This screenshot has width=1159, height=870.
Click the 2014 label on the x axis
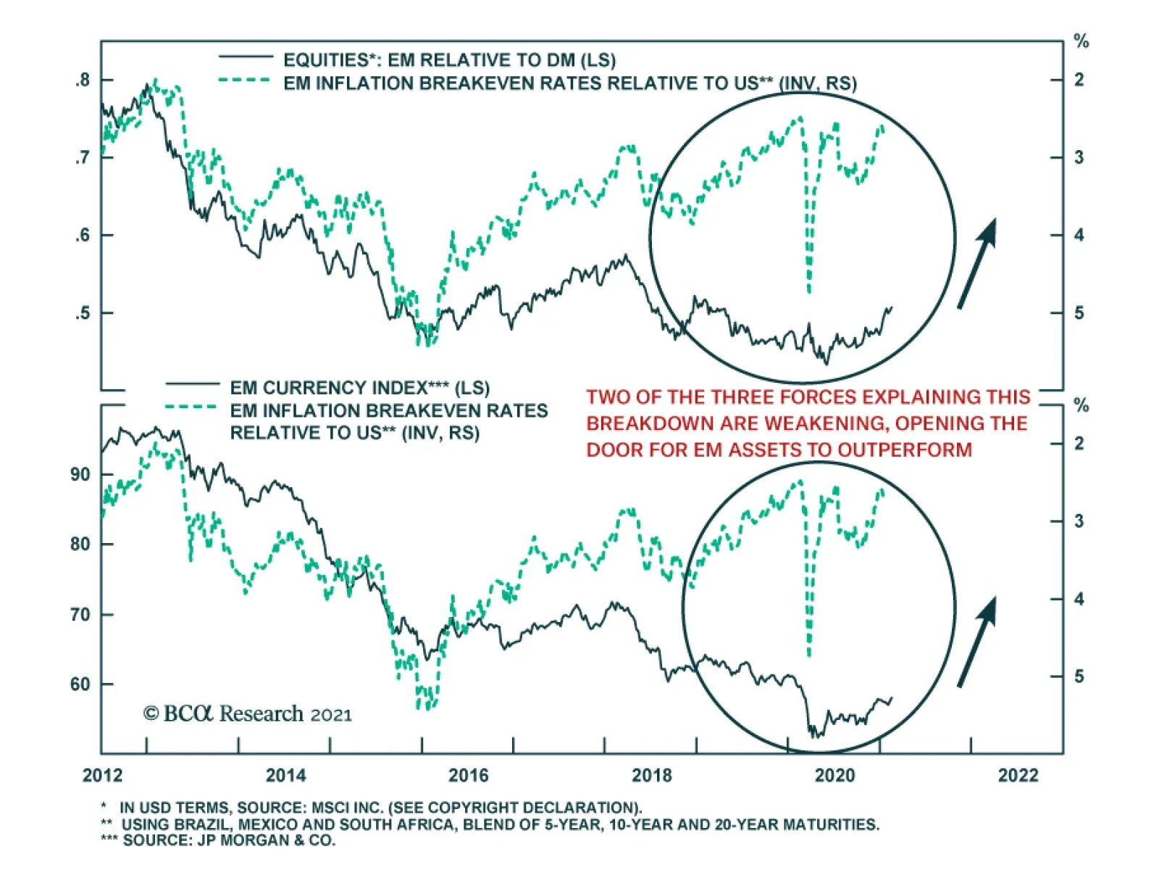285,776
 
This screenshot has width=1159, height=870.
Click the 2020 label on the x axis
834,776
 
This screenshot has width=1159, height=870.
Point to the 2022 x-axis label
1018,776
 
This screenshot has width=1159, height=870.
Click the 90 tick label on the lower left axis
80,475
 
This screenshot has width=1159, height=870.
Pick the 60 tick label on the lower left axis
80,684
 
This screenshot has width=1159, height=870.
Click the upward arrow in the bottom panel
978,641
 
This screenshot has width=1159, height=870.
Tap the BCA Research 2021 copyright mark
247,714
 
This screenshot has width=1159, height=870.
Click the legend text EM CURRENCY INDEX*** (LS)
359,388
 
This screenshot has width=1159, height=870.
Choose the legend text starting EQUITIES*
449,60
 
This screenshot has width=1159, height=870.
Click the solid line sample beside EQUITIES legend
246,57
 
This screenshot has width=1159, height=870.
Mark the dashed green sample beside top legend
246,80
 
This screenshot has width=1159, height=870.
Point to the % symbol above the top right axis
1081,42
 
